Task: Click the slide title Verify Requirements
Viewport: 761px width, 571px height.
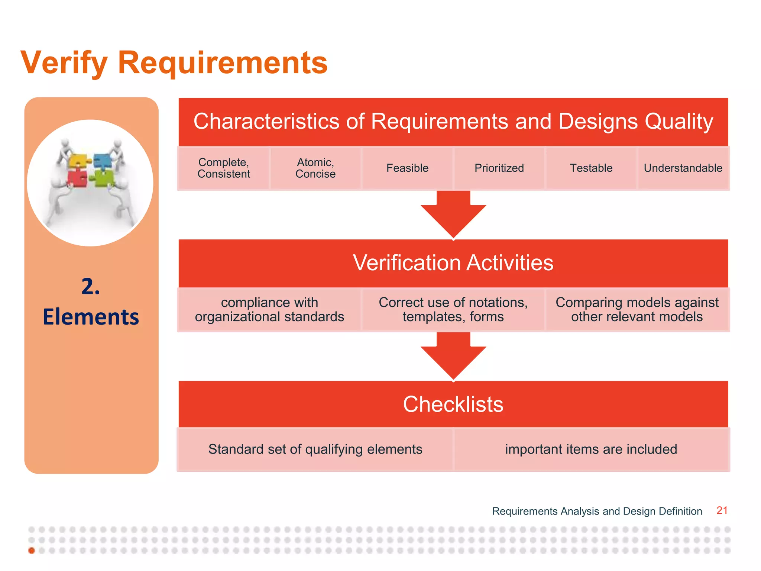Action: coord(174,62)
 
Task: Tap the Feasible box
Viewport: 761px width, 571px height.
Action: coord(407,168)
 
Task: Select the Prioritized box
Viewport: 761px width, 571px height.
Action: coord(499,168)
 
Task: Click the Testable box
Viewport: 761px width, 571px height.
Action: coord(591,168)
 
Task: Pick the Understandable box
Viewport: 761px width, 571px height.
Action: coord(683,168)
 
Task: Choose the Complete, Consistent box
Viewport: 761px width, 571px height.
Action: coord(224,168)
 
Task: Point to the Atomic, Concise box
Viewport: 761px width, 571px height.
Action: coord(315,168)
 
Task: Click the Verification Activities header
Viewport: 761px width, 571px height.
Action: coord(453,263)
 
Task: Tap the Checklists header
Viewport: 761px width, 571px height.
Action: coord(453,404)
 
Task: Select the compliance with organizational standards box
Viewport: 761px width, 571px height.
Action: coord(269,309)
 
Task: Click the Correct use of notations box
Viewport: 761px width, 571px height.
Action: coord(453,309)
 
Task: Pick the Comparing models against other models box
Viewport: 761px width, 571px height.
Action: coord(637,309)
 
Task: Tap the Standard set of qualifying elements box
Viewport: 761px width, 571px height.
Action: coord(315,449)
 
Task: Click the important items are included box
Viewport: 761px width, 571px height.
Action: coord(591,449)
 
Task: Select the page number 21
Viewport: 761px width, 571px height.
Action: coord(722,510)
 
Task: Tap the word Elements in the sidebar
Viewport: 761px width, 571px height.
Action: coord(91,317)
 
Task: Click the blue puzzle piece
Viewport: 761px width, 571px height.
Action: coord(102,161)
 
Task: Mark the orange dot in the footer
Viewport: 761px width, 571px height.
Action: coord(32,551)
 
